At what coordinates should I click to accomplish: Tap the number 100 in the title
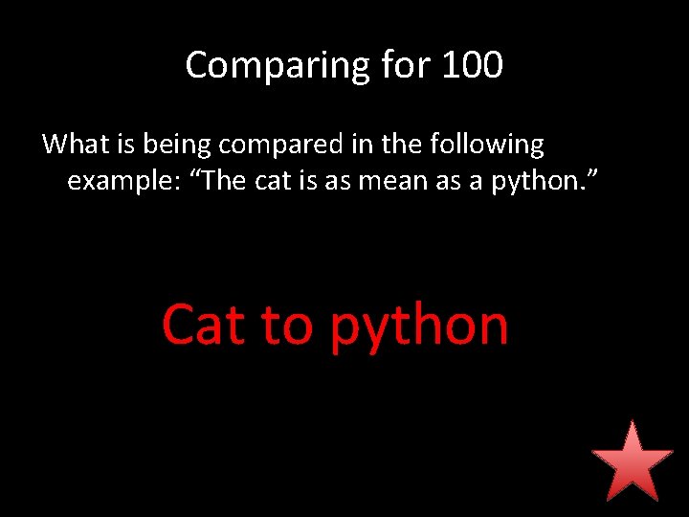473,65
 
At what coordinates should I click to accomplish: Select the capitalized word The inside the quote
225,179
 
